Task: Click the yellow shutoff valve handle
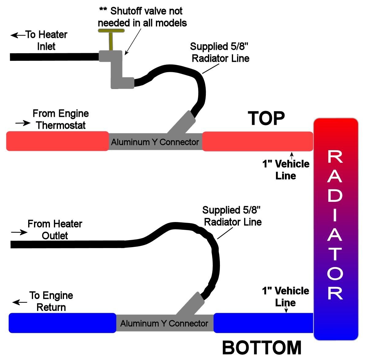[x=111, y=31]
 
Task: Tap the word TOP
[x=266, y=119]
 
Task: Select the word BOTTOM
[x=262, y=348]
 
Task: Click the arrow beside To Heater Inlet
[x=18, y=35]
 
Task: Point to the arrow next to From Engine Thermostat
[x=23, y=123]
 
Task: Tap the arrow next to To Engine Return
[x=20, y=302]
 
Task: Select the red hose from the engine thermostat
[x=57, y=141]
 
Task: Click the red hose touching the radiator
[x=257, y=141]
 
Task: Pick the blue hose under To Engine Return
[x=62, y=323]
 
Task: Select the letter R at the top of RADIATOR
[x=335, y=157]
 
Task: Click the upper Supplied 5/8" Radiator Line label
[x=220, y=52]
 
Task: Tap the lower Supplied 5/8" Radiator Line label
[x=232, y=216]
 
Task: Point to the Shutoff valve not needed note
[x=142, y=17]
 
